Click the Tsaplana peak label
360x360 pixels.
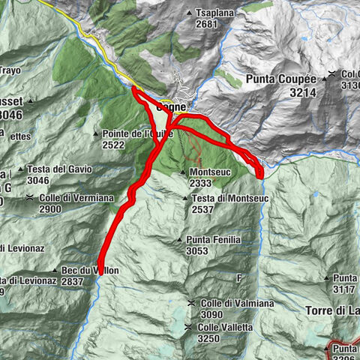tap(215, 13)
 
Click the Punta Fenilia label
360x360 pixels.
tap(218, 239)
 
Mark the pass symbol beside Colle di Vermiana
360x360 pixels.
tap(29, 197)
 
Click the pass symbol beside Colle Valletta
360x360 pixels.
tap(188, 328)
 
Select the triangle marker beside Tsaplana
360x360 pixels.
tap(188, 13)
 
